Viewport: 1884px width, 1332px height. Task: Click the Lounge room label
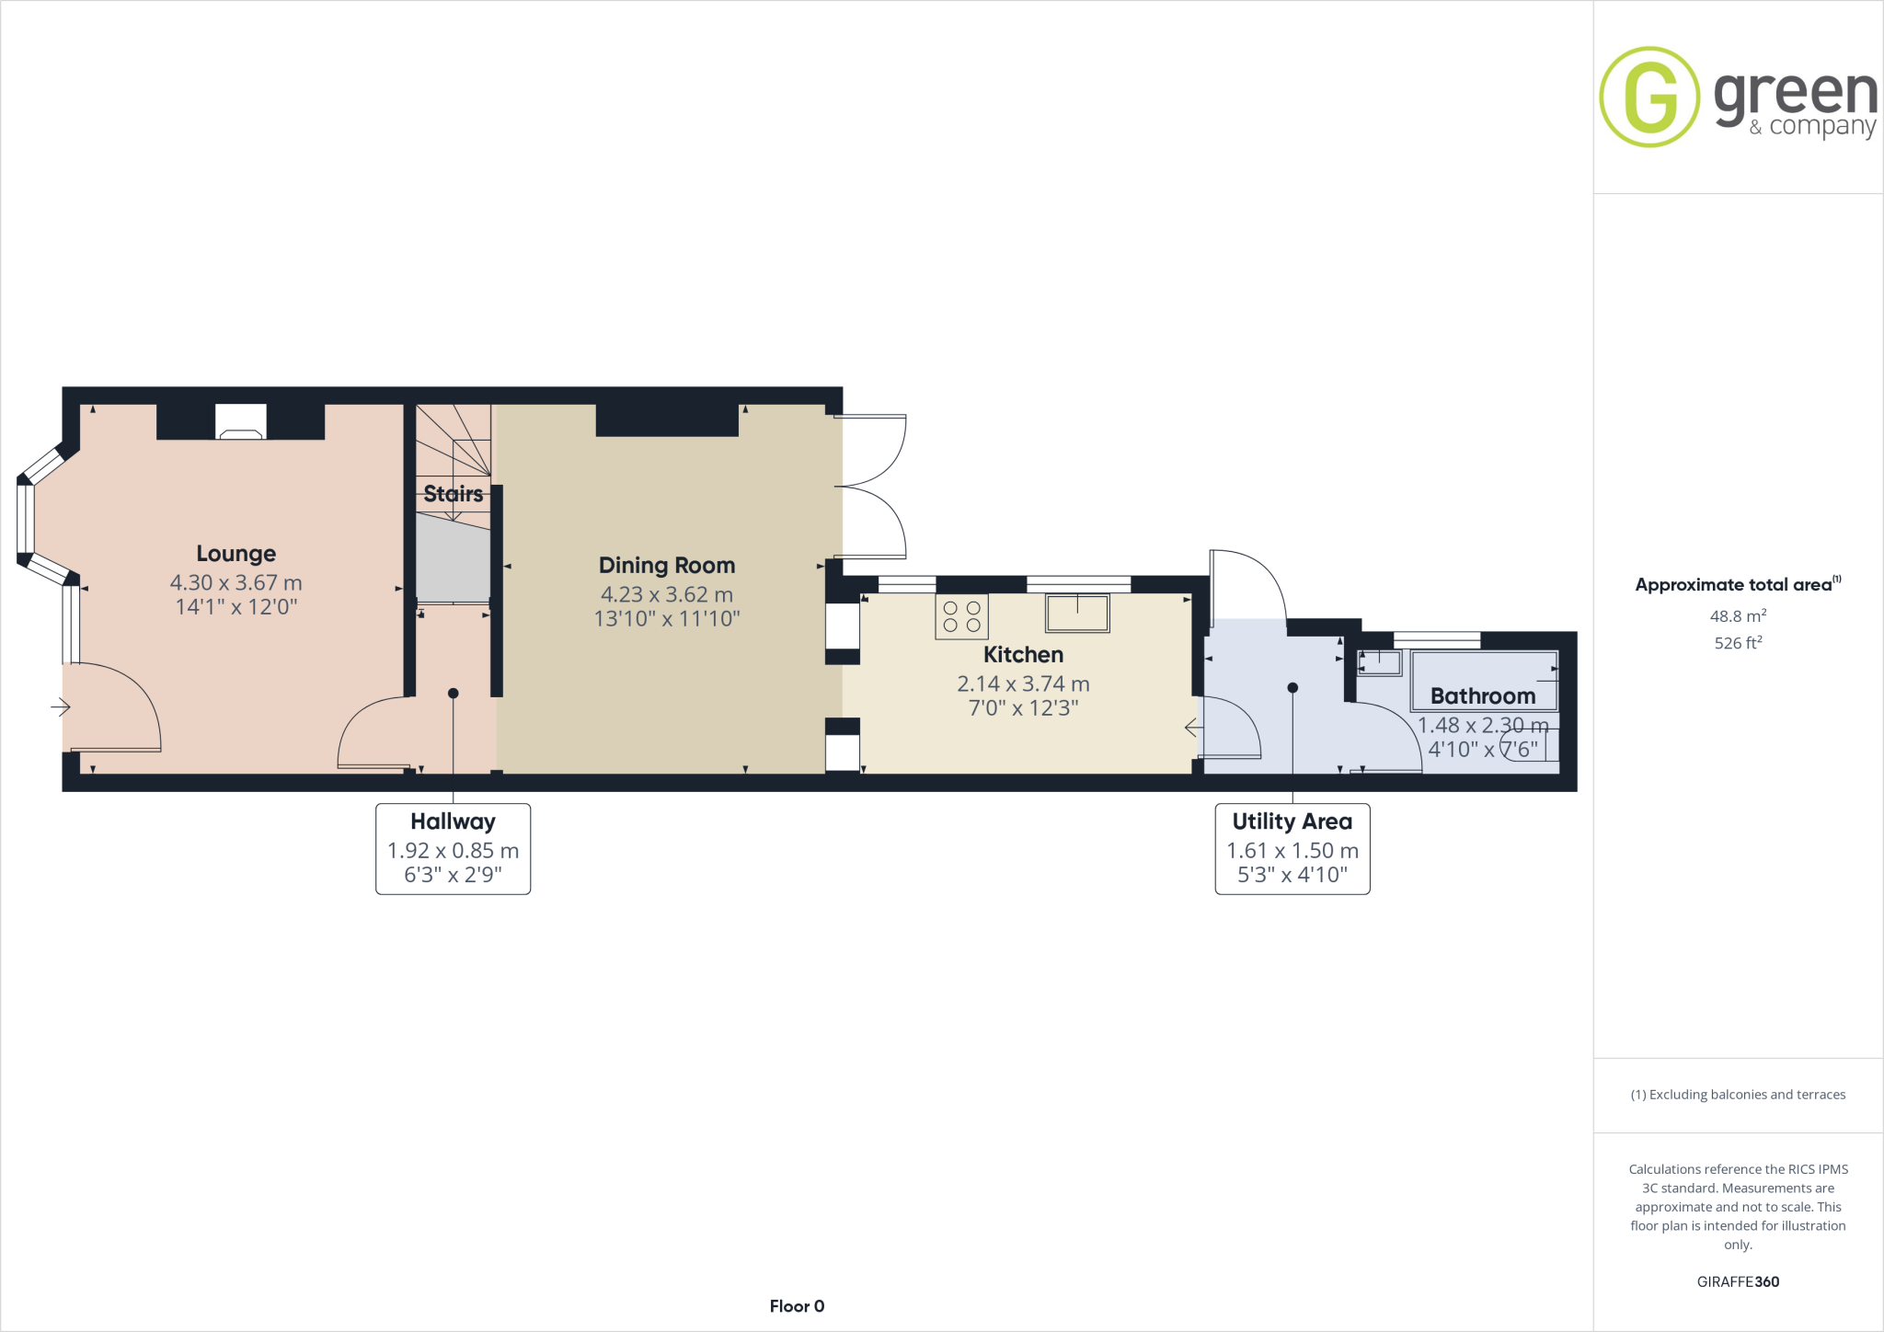(235, 553)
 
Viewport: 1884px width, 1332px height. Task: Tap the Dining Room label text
(667, 565)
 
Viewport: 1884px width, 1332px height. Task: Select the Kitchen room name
(1023, 654)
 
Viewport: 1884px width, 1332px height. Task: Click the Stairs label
(453, 494)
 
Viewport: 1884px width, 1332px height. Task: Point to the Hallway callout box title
(453, 821)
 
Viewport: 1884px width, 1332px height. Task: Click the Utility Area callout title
(1292, 821)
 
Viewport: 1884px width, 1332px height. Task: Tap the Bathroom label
(1482, 695)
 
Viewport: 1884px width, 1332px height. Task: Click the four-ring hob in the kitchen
(961, 616)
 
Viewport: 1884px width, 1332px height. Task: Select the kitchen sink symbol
(1077, 613)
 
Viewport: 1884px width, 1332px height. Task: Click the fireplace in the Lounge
(241, 423)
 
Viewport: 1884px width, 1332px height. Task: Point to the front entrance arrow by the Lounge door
(61, 706)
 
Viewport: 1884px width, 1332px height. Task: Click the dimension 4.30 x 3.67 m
(235, 582)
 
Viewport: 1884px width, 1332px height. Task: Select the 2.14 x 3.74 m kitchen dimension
(1023, 683)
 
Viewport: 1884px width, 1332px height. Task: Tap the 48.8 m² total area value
(1737, 616)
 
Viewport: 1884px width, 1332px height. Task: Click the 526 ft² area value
(1737, 643)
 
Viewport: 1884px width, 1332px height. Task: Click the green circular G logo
(1649, 97)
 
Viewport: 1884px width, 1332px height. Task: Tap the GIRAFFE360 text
(1737, 1281)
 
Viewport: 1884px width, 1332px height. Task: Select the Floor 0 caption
(797, 1306)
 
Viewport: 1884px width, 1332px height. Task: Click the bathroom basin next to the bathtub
(1380, 662)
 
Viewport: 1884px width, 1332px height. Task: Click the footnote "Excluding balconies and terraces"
(1738, 1095)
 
